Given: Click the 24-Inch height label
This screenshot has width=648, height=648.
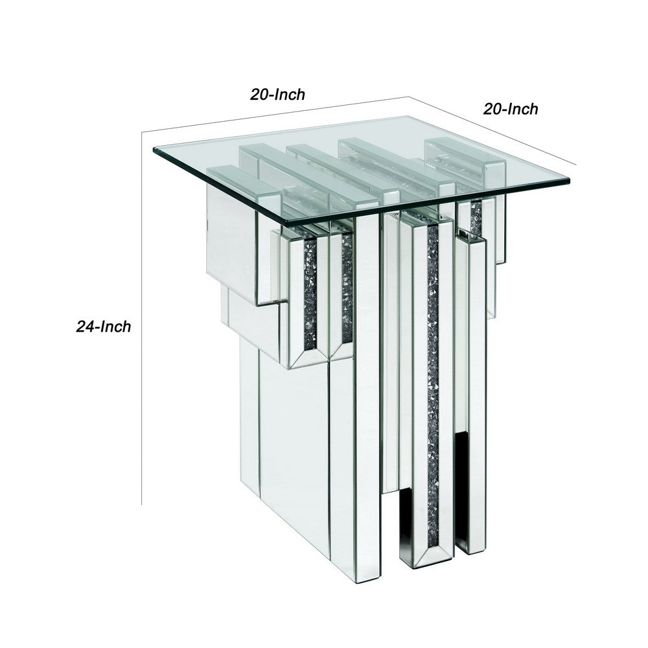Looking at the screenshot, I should click(x=104, y=327).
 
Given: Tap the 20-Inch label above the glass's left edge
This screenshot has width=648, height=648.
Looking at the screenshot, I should click(x=278, y=94).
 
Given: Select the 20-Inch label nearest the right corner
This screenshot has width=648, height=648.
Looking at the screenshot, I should click(x=511, y=109).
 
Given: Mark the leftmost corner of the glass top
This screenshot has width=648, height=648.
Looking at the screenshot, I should click(x=154, y=152).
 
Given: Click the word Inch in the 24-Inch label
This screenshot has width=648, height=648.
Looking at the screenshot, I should click(x=117, y=327).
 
